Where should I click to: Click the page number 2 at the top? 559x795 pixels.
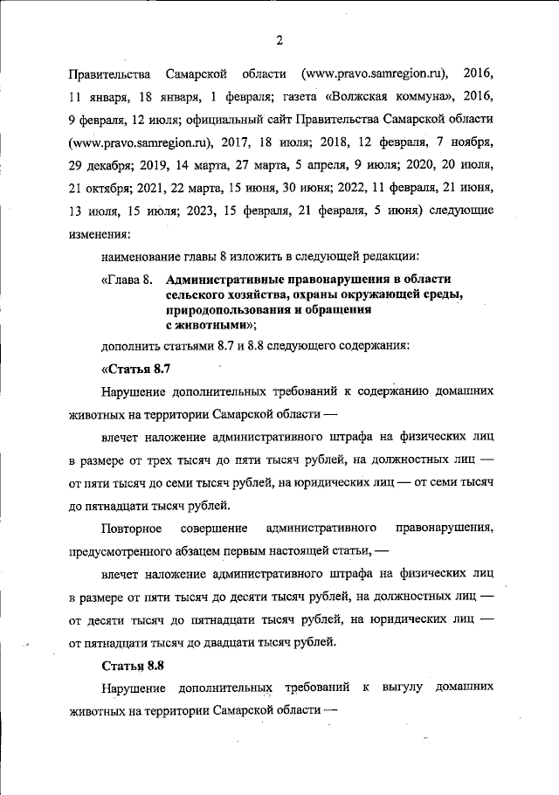[x=279, y=38]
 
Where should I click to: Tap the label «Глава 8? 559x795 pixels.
[x=128, y=280]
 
